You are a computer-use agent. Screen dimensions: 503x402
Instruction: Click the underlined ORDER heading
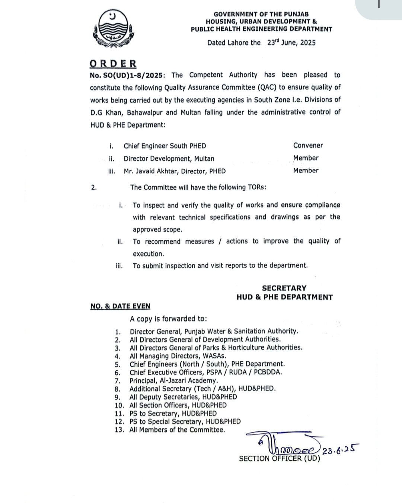tap(113, 64)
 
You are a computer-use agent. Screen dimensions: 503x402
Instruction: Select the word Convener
tap(308, 145)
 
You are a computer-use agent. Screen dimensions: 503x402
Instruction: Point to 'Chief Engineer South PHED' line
tap(165, 146)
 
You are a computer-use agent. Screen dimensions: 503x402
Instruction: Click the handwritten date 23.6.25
tap(340, 450)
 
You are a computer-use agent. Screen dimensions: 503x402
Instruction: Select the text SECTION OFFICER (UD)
tap(279, 459)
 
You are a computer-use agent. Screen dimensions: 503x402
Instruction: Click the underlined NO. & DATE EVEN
tap(120, 306)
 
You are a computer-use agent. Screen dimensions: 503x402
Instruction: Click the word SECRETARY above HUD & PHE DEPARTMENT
tap(284, 288)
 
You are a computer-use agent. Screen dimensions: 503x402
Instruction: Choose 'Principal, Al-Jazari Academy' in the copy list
tap(173, 380)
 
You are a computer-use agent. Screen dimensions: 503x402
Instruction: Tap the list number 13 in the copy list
tap(119, 430)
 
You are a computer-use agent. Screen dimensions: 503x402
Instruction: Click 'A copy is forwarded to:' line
tap(168, 319)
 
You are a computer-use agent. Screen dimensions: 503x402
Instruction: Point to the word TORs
tap(257, 187)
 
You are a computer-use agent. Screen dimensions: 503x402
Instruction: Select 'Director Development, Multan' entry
tap(169, 159)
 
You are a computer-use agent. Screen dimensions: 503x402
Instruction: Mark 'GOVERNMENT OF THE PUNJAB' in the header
tap(261, 14)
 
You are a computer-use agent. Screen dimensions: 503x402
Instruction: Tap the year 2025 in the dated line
tap(307, 42)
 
